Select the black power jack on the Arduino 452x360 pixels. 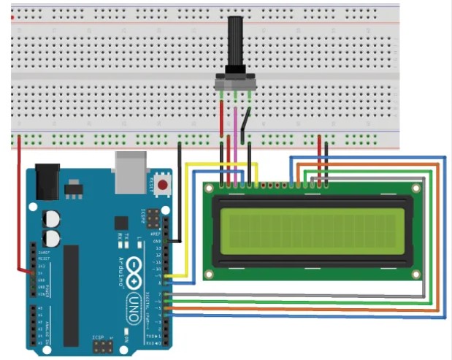tap(47, 180)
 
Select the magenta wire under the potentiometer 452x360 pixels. tap(235, 131)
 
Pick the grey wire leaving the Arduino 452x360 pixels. tap(292, 294)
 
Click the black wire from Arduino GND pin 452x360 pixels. tap(180, 190)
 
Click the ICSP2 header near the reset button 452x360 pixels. tap(153, 218)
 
